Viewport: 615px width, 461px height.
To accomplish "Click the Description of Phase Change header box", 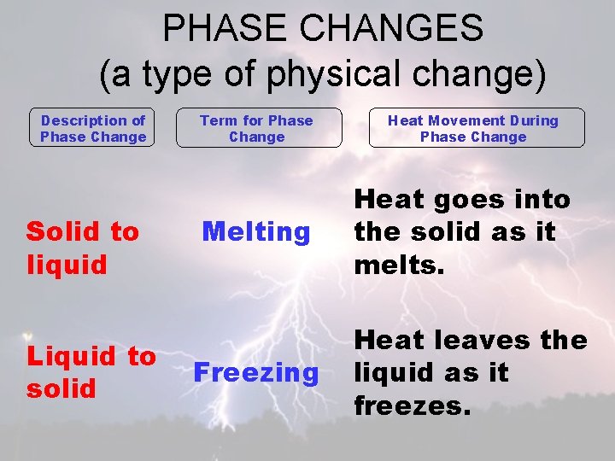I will point(93,128).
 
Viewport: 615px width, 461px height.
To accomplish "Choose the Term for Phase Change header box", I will point(256,128).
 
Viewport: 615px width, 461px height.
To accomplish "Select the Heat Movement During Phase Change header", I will point(473,128).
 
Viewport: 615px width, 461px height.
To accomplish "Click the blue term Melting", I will point(256,231).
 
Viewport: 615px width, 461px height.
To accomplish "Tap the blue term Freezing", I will point(256,372).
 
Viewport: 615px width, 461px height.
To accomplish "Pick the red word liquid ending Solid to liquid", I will point(67,264).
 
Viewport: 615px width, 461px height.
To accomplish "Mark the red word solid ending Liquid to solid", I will point(61,388).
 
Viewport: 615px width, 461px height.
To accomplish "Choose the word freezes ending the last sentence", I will point(412,405).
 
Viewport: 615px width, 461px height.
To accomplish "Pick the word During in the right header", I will point(532,120).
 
